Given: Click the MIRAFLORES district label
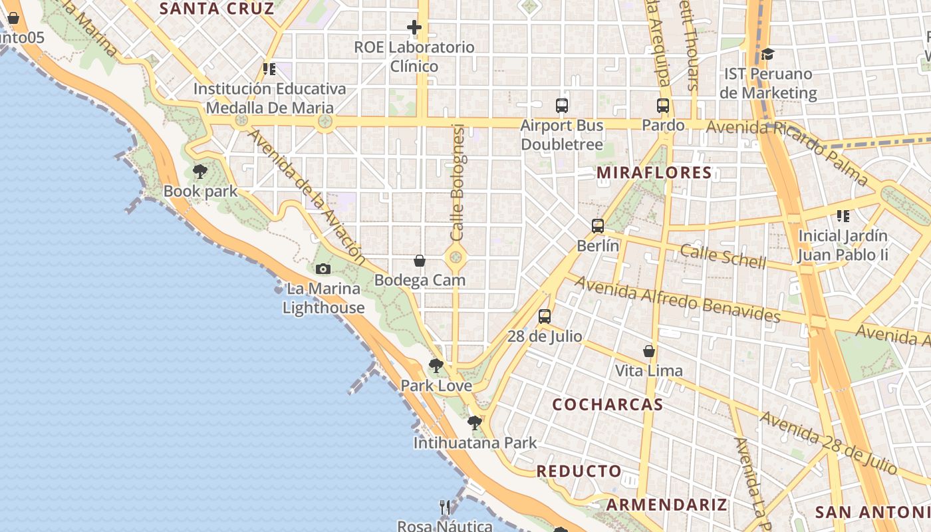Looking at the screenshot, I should [654, 173].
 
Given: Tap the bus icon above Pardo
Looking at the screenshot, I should [662, 105].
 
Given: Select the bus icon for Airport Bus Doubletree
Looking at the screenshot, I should [562, 105].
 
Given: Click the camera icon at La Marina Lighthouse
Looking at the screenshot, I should [323, 269].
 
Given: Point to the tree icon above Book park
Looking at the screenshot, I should [199, 172].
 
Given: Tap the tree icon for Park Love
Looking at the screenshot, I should [436, 365].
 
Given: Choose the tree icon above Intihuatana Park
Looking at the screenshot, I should [474, 422].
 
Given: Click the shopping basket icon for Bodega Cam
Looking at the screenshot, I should [420, 260].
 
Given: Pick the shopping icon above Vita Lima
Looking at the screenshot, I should [649, 350].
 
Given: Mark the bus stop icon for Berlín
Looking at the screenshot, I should [598, 225].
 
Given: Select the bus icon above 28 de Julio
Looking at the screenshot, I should [545, 316].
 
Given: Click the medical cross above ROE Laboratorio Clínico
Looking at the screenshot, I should [414, 27].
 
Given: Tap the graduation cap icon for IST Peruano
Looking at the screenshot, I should [767, 54].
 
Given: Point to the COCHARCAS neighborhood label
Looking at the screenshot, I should [608, 404].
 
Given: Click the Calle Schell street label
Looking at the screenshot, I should [723, 256].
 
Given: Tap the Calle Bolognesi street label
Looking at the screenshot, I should [458, 183].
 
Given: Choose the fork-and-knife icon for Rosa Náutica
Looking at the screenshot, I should [445, 507].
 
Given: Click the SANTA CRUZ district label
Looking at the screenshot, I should [217, 9].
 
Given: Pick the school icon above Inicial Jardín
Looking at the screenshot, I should [843, 215].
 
